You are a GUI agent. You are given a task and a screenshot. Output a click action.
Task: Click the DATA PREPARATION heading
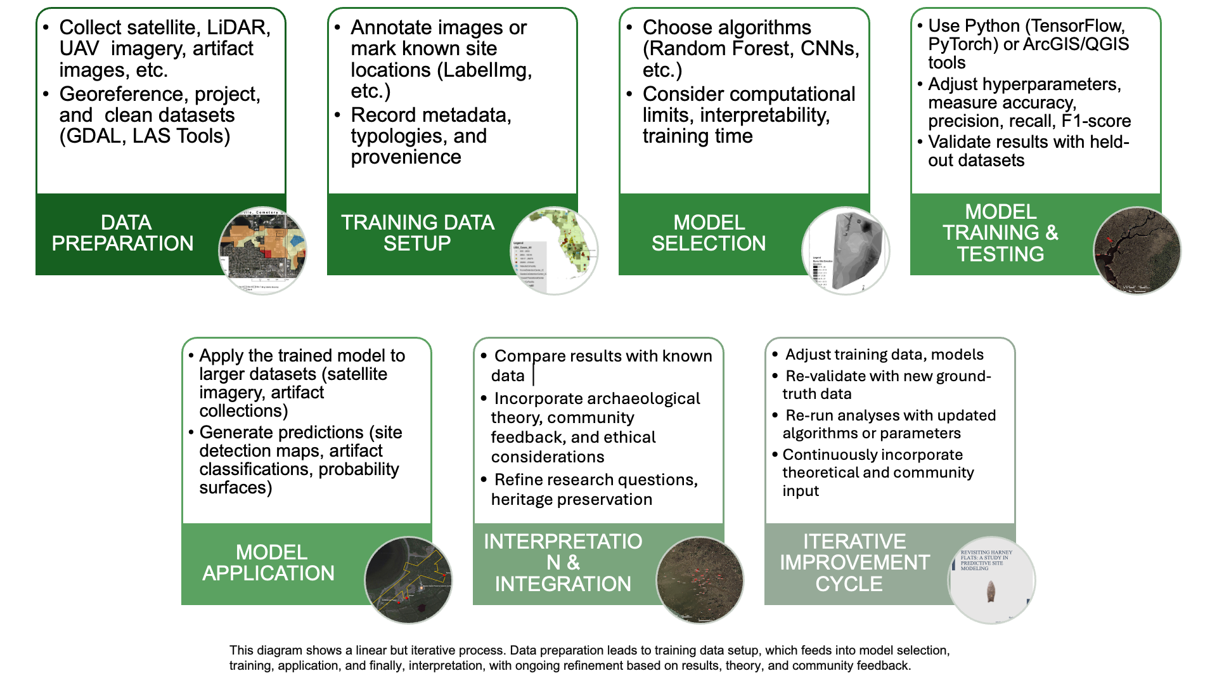coord(123,233)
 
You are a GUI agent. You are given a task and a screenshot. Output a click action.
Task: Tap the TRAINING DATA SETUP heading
coord(417,233)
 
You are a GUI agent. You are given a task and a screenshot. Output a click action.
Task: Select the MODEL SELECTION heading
coord(709,233)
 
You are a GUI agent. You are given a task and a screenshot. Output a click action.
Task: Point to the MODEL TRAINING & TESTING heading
coord(1000,233)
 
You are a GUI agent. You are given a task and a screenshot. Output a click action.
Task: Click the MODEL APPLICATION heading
coord(269,563)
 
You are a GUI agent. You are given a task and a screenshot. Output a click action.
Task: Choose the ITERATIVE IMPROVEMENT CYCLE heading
coord(854,563)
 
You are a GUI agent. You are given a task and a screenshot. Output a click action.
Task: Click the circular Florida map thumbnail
coord(554,251)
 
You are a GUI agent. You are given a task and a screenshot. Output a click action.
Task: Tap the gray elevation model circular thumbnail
coord(846,251)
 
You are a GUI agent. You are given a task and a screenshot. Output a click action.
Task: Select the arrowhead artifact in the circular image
coord(991,591)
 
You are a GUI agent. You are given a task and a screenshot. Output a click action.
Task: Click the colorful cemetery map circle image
coord(262,251)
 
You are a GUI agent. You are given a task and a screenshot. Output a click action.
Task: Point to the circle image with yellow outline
coord(409,580)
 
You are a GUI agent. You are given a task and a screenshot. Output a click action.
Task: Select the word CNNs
coord(830,49)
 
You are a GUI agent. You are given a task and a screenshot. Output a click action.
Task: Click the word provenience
coord(406,157)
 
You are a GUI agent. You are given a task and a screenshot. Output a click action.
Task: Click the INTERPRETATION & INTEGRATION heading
coord(563,563)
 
